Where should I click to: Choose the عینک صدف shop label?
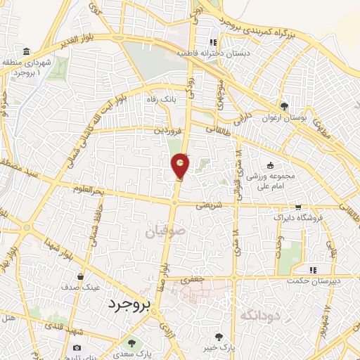[x=82, y=288]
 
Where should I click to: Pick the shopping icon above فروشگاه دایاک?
[x=299, y=207]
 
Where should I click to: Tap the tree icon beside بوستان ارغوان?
[x=283, y=106]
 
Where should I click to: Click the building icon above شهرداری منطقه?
[x=26, y=52]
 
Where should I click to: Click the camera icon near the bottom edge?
[x=76, y=348]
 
